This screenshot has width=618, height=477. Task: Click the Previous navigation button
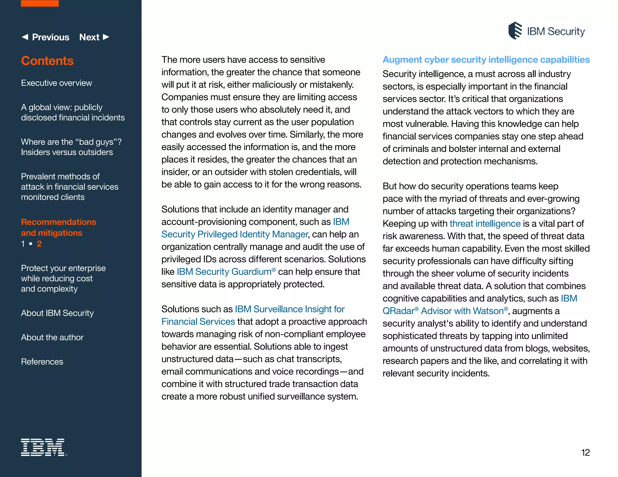coord(46,37)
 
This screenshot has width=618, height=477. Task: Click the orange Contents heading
coord(47,61)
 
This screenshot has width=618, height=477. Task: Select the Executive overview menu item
coord(56,83)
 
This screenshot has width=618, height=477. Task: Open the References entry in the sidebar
coord(42,362)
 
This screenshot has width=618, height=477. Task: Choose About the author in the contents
coord(52,337)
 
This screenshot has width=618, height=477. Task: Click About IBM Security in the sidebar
coord(57,313)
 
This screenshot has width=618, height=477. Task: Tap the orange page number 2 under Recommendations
coord(39,244)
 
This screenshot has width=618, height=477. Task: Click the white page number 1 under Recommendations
coord(23,244)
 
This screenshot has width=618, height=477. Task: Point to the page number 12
coord(585,452)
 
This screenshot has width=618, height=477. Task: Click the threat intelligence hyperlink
coord(485,223)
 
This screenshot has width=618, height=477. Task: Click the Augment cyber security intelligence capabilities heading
coord(486,60)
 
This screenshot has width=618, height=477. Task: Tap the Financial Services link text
coord(198,321)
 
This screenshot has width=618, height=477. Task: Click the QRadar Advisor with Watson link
coord(445,311)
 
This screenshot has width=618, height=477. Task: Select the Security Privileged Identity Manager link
coord(234,234)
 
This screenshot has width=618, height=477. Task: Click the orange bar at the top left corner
coord(40,3)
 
